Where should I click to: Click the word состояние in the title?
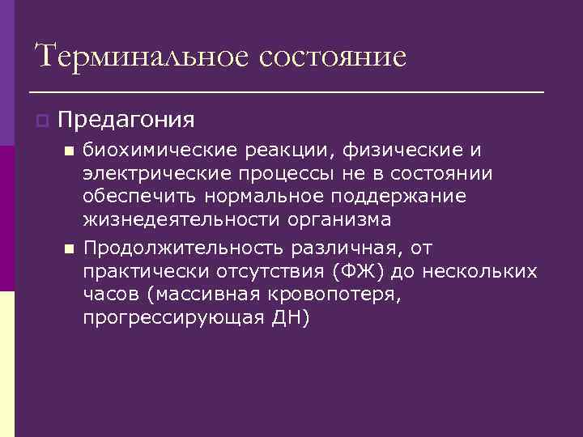(334, 57)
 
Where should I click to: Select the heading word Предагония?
(126, 120)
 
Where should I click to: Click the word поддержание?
(411, 197)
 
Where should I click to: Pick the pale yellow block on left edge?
(7, 364)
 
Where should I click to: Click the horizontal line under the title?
(286, 92)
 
